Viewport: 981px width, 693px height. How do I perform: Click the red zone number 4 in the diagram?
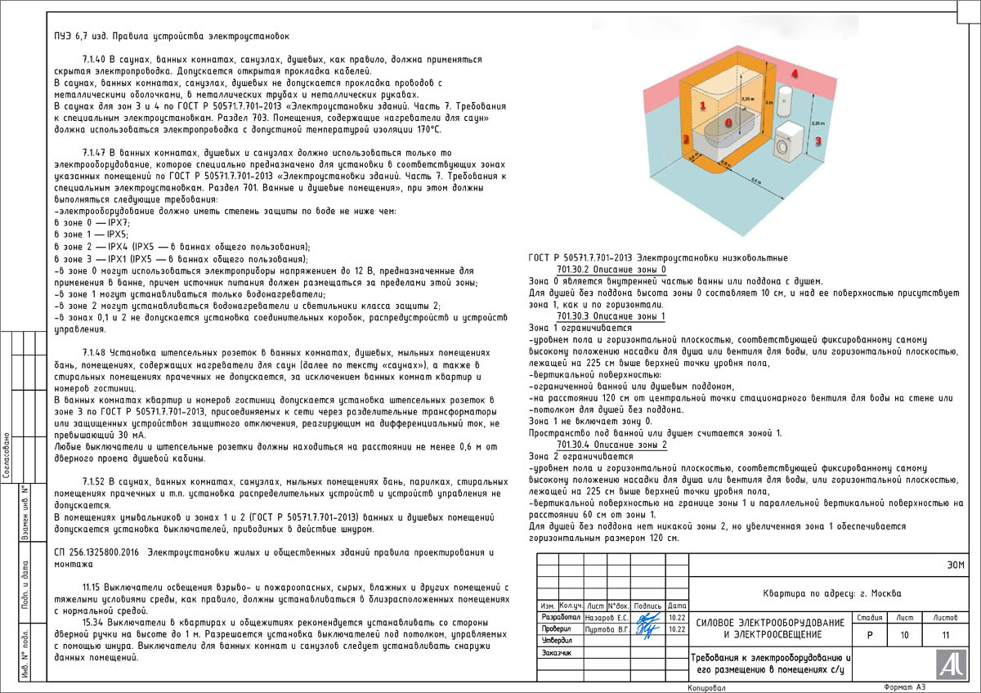coord(794,74)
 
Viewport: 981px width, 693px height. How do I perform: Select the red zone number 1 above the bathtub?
coord(702,105)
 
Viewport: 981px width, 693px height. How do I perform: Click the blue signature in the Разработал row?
coord(647,619)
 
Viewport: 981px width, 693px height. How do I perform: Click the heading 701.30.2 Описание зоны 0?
coord(611,269)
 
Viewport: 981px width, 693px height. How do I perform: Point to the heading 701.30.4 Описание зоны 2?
coord(611,445)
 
